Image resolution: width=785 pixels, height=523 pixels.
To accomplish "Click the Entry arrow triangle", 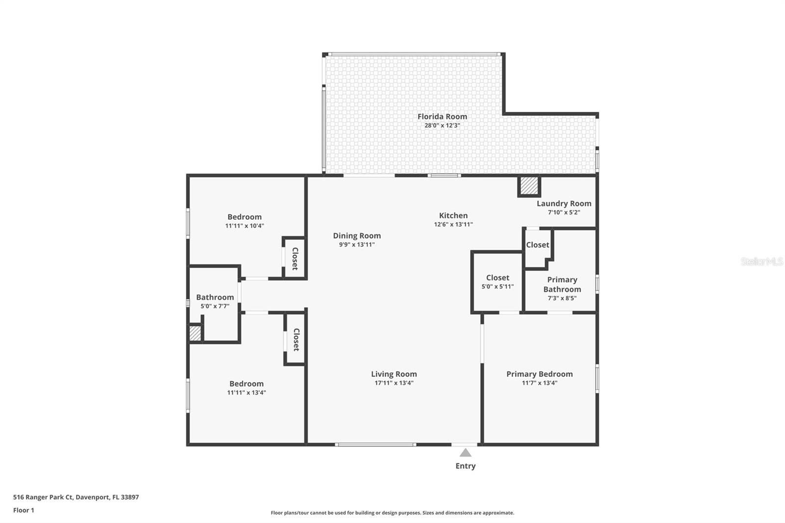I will (x=465, y=452).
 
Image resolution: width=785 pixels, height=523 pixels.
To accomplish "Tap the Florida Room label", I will (x=442, y=116).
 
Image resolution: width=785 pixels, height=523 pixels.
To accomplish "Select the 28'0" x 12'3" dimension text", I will (x=442, y=126).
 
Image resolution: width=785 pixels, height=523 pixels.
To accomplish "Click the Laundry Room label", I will (x=564, y=203).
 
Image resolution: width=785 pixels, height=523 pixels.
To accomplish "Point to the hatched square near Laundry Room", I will (x=529, y=186).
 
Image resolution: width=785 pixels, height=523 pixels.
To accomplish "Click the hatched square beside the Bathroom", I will (x=195, y=334).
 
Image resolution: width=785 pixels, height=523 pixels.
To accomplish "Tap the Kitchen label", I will (x=453, y=215).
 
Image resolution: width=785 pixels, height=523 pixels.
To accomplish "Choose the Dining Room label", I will (x=357, y=235).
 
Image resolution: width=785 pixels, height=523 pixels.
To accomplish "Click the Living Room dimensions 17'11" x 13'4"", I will (x=394, y=383).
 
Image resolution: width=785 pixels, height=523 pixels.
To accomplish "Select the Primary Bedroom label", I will (x=539, y=374).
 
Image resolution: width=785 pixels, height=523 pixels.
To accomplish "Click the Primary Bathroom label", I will (x=562, y=285).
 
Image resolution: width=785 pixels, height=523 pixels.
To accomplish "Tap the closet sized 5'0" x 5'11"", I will (x=497, y=282).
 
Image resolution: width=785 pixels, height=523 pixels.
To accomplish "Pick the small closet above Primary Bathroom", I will (x=538, y=245).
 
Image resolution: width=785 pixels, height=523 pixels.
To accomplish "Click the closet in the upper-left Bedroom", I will (x=295, y=259).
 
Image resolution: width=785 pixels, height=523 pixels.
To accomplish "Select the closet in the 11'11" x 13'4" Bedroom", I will (x=296, y=340).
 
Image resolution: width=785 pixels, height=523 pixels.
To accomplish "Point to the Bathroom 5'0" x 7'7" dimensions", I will (x=215, y=306).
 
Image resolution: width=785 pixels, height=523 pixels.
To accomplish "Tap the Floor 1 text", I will (x=24, y=510).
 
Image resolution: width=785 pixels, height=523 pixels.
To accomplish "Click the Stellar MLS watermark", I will (x=761, y=261).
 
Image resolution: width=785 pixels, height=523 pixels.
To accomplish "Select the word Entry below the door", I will (x=465, y=466).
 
